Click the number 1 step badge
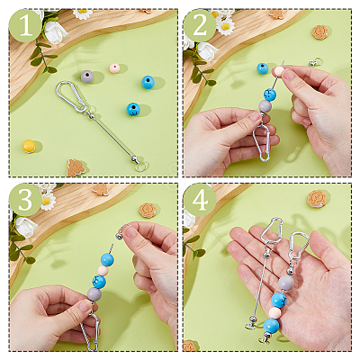pyautogui.click(x=25, y=25)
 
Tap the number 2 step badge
pyautogui.click(x=200, y=25)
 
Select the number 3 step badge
pyautogui.click(x=25, y=200)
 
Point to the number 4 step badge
pyautogui.click(x=200, y=200)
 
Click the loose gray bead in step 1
pyautogui.click(x=87, y=76)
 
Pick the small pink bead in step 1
pyautogui.click(x=114, y=68)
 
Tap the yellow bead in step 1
pyautogui.click(x=29, y=146)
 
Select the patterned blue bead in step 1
pyautogui.click(x=133, y=110)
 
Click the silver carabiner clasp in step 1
pyautogui.click(x=71, y=96)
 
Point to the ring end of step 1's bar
pyautogui.click(x=140, y=166)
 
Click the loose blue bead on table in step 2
pyautogui.click(x=263, y=68)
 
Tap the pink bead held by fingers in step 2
pyautogui.click(x=277, y=72)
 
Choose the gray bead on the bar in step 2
pyautogui.click(x=265, y=106)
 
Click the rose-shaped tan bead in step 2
pyautogui.click(x=319, y=32)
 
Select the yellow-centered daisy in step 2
pyautogui.click(x=225, y=26)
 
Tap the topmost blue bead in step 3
pyautogui.click(x=107, y=259)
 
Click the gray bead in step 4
pyautogui.click(x=286, y=283)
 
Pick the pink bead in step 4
pyautogui.click(x=274, y=313)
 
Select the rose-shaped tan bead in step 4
pyautogui.click(x=317, y=199)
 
